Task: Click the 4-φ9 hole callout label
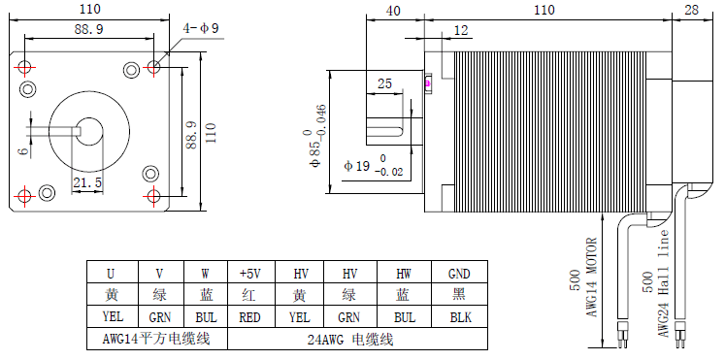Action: point(201,28)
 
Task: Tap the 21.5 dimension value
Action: point(87,182)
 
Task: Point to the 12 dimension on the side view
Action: point(461,30)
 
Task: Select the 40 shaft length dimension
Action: point(393,11)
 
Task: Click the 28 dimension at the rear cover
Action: point(691,11)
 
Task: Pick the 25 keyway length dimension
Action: point(384,83)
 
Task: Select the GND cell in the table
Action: point(459,274)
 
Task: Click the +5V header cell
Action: point(251,274)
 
